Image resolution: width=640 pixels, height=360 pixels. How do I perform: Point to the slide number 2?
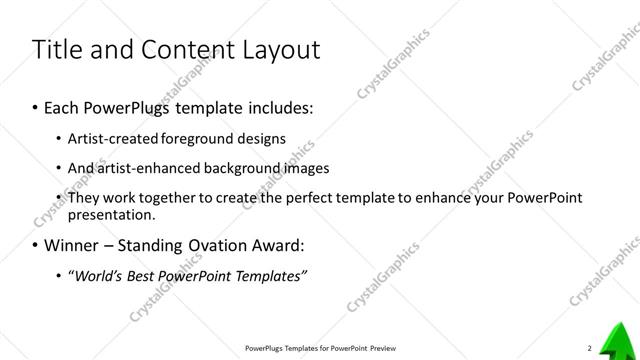(x=590, y=348)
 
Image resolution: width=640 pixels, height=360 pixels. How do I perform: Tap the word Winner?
(x=73, y=245)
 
